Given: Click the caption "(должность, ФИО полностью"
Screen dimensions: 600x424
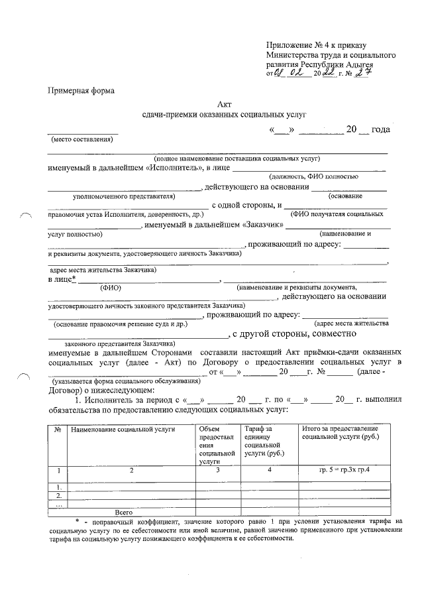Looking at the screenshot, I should pyautogui.click(x=313, y=177).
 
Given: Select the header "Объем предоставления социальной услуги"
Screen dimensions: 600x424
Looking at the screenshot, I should pyautogui.click(x=217, y=446).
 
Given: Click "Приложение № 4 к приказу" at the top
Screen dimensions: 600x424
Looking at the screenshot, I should pyautogui.click(x=315, y=44).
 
